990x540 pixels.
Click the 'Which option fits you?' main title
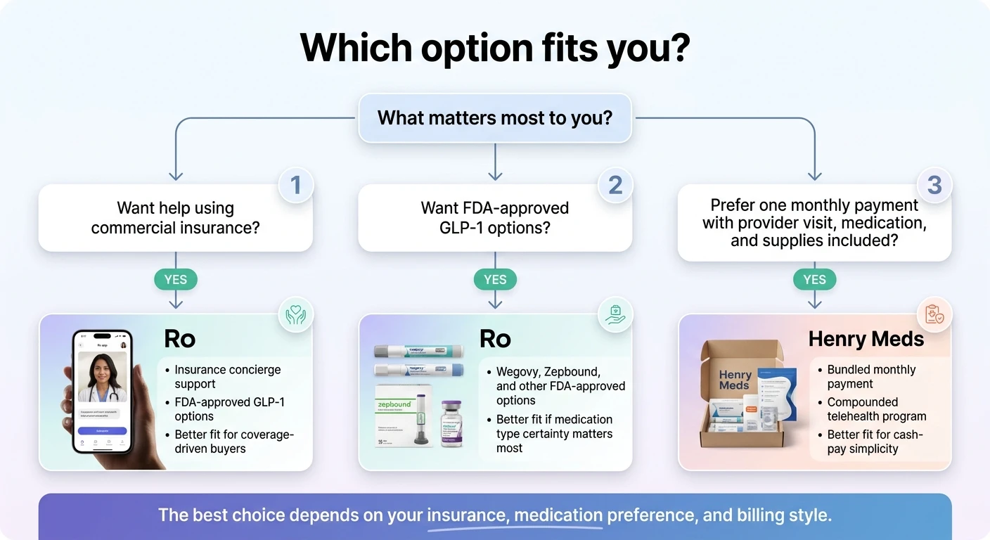click(494, 48)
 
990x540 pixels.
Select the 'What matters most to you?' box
click(495, 117)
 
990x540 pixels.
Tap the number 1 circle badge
click(295, 185)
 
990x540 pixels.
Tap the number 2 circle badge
click(615, 185)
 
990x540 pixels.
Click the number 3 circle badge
click(934, 185)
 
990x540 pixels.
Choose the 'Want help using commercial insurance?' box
click(175, 218)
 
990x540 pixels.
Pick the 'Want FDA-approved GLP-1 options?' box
click(495, 218)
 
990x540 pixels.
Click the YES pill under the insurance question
click(176, 279)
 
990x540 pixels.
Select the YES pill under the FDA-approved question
click(495, 279)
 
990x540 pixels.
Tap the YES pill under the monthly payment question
click(814, 279)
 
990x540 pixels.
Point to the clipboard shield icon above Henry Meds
click(934, 314)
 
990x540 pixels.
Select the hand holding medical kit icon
click(615, 314)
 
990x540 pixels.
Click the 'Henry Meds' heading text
click(866, 340)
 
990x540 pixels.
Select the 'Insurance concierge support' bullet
click(227, 377)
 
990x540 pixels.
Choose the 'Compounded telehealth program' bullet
click(876, 409)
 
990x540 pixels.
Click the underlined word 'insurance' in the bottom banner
click(467, 515)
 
